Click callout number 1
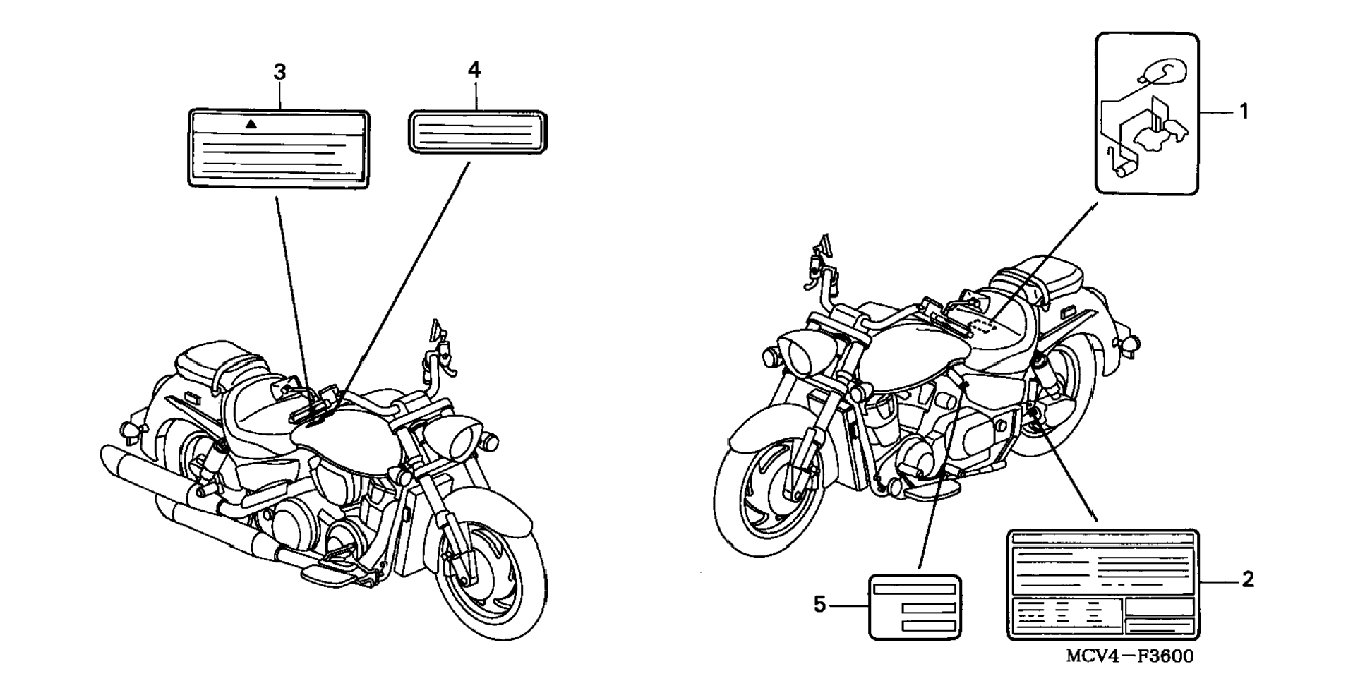1244,112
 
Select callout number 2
1247,580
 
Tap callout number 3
279,72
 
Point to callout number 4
474,70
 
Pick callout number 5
819,604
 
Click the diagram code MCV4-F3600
1129,657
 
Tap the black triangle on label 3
251,124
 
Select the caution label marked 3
279,149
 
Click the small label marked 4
478,131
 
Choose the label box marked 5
915,607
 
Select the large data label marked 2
1102,584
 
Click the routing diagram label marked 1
1146,113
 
